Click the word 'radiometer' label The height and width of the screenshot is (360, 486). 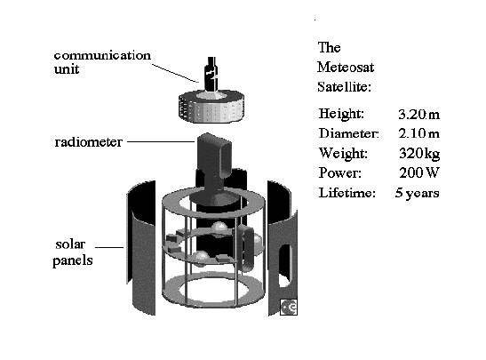click(x=88, y=142)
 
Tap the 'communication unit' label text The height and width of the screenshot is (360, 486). click(x=102, y=62)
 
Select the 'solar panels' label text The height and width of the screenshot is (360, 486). click(x=73, y=252)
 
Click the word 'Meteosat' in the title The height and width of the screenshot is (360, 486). click(x=346, y=67)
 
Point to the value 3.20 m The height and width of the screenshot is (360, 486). click(x=418, y=115)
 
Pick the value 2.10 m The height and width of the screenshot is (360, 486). click(x=418, y=133)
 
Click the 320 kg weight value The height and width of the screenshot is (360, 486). click(x=419, y=153)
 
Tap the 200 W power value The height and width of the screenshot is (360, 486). click(x=419, y=172)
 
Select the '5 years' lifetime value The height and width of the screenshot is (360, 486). click(x=418, y=193)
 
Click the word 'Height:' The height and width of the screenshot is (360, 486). click(x=341, y=114)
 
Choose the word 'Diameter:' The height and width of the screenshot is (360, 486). click(x=348, y=133)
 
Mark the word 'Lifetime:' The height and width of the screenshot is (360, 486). click(x=347, y=193)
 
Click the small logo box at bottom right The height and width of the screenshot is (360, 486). click(x=289, y=307)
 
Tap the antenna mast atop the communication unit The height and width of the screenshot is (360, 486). click(x=211, y=74)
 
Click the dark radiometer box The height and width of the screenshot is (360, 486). click(x=214, y=155)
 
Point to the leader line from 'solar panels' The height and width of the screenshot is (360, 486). click(x=109, y=247)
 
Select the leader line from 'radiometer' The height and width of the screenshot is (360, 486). click(x=161, y=141)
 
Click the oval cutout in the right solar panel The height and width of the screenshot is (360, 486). click(x=285, y=266)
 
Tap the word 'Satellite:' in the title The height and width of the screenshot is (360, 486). click(x=344, y=86)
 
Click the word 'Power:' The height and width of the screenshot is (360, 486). click(x=340, y=172)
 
